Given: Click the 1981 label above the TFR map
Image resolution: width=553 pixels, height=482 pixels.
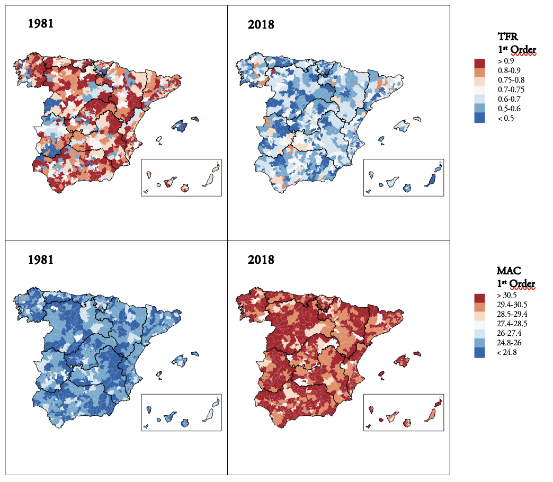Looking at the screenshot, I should tap(41, 24).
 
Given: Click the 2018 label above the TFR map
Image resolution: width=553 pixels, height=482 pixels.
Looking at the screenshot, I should tap(261, 24).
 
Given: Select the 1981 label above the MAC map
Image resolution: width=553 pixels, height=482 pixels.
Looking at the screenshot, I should tap(41, 260).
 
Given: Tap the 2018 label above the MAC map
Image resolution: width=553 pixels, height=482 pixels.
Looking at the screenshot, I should tap(261, 260).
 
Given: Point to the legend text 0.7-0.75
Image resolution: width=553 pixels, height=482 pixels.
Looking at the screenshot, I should tap(511, 90).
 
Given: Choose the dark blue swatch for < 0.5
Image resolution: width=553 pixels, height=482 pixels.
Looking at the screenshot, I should tap(479, 119).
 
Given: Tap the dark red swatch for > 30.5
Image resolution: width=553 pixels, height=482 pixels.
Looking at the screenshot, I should tap(479, 297).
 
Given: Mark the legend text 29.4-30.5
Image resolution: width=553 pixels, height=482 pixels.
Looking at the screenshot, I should tap(512, 305).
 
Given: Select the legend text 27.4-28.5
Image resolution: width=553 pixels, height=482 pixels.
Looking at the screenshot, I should tap(512, 324).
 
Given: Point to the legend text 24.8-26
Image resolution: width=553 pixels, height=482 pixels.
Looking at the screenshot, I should tap(509, 343).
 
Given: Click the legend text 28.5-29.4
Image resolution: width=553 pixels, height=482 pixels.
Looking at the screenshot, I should tap(512, 314).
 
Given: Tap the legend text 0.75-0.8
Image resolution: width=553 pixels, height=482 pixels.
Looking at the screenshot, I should tap(511, 80).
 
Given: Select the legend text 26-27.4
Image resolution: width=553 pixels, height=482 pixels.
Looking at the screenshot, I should tap(509, 333).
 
